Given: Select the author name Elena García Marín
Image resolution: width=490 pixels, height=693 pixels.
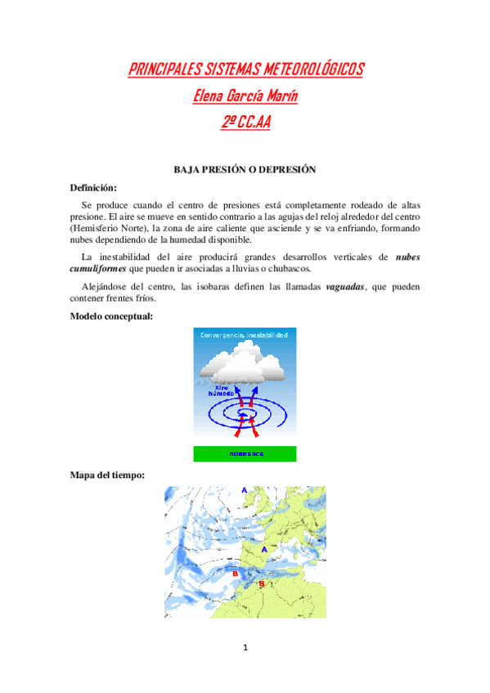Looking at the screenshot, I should [x=245, y=96].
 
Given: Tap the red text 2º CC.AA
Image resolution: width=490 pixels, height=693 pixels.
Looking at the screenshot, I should [x=245, y=123].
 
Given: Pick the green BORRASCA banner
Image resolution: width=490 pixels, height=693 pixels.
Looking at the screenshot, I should [x=245, y=454].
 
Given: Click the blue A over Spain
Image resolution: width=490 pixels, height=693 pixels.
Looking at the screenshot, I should [x=263, y=550].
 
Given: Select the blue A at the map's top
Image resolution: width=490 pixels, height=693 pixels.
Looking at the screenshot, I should [x=244, y=489].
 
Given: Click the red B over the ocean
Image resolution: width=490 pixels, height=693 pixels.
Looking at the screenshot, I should [x=236, y=574].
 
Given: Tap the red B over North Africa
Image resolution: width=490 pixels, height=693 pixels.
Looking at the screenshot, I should [x=262, y=583].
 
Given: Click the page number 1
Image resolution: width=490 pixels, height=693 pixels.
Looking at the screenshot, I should [x=245, y=648].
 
